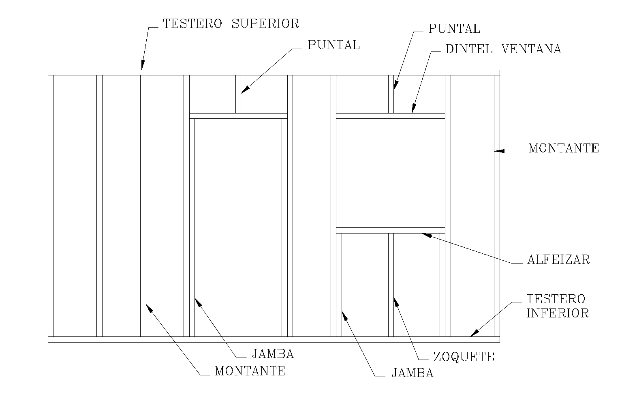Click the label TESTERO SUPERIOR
pyautogui.click(x=231, y=24)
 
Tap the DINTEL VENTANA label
pyautogui.click(x=503, y=49)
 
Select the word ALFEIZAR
pyautogui.click(x=558, y=259)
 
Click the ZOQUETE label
pyautogui.click(x=464, y=357)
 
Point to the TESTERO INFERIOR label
pyautogui.click(x=557, y=306)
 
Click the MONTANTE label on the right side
pyautogui.click(x=563, y=148)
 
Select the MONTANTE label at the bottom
pyautogui.click(x=250, y=371)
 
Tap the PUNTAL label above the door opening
pyautogui.click(x=333, y=45)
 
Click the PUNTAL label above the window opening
pyautogui.click(x=454, y=29)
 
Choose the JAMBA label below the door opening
pyautogui.click(x=273, y=354)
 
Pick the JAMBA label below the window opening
pyautogui.click(x=412, y=373)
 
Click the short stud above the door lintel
pyautogui.click(x=238, y=94)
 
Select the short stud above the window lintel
pyautogui.click(x=391, y=94)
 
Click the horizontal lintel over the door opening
pyautogui.click(x=238, y=116)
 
